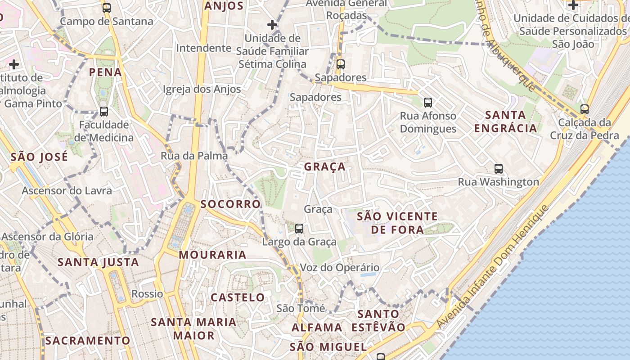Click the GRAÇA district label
(x=325, y=167)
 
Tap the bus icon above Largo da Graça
(x=299, y=229)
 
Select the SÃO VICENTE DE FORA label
(x=397, y=223)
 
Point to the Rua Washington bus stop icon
(x=499, y=169)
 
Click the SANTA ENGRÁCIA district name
(x=506, y=121)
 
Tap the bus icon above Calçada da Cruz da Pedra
(x=585, y=109)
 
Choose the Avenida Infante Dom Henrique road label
(x=493, y=267)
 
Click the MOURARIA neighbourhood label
(x=212, y=255)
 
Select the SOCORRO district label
(x=230, y=204)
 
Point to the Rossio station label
(x=147, y=294)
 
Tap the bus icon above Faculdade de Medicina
(x=104, y=111)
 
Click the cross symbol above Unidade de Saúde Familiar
(x=272, y=25)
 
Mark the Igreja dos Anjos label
(x=202, y=89)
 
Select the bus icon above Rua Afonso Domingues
(x=427, y=102)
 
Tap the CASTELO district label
(x=238, y=297)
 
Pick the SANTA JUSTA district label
(x=98, y=262)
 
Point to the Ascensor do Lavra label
(x=67, y=191)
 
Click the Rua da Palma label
(x=194, y=156)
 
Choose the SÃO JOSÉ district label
(x=39, y=157)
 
